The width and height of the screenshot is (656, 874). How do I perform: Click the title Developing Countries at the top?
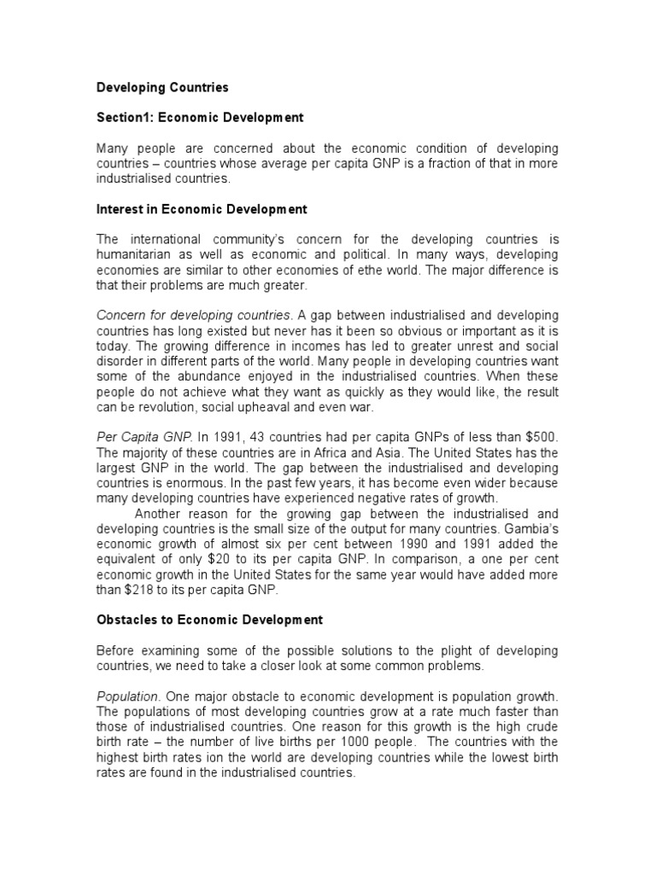[162, 87]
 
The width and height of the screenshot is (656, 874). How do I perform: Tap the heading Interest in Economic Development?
[201, 209]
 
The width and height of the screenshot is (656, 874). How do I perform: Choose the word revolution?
[155, 408]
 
